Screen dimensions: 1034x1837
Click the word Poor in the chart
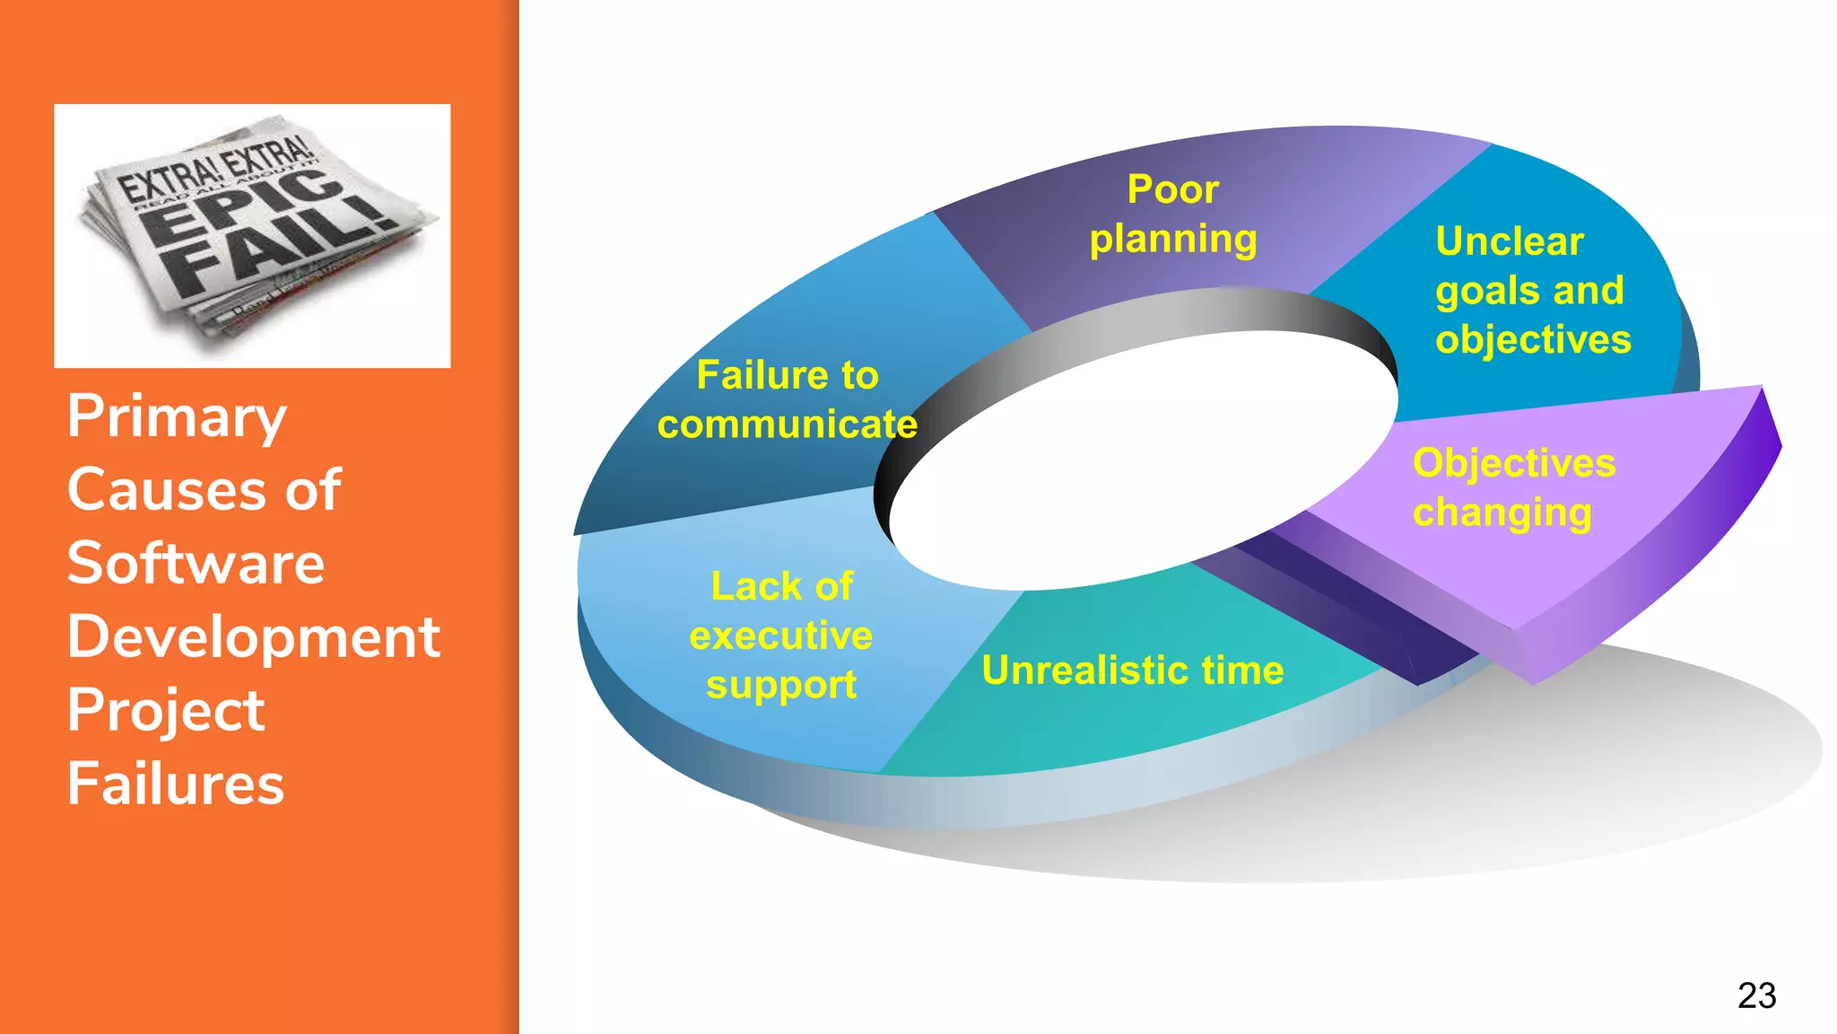click(x=1172, y=189)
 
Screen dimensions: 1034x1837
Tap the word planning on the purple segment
click(x=1172, y=240)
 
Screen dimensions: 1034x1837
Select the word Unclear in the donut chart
click(x=1509, y=241)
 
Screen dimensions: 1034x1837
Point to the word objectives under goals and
click(x=1532, y=339)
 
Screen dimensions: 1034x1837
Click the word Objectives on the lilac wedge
click(x=1513, y=463)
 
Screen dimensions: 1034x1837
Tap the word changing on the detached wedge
click(x=1502, y=513)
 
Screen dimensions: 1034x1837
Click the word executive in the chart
click(x=780, y=635)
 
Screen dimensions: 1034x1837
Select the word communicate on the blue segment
click(x=787, y=425)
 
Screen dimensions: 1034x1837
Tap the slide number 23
click(x=1756, y=995)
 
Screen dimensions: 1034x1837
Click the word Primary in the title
click(x=177, y=417)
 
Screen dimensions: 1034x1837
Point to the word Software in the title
click(x=196, y=564)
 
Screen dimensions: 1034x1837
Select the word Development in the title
click(x=253, y=637)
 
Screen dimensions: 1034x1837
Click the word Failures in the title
click(x=175, y=784)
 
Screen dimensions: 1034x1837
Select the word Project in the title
click(x=166, y=710)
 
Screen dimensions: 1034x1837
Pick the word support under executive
click(x=780, y=686)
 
